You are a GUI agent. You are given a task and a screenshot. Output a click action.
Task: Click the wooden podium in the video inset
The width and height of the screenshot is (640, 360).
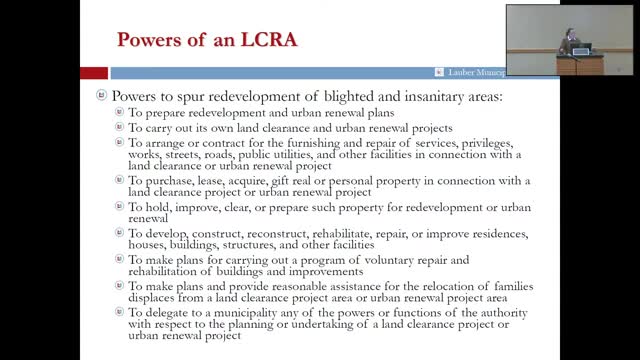[580, 64]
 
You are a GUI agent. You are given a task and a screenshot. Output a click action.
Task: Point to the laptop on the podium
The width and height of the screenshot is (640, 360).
[584, 48]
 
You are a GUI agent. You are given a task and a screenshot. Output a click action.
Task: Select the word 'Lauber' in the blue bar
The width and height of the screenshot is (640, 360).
[461, 72]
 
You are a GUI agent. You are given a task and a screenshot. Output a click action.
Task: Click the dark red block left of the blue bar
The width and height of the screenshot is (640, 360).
[94, 72]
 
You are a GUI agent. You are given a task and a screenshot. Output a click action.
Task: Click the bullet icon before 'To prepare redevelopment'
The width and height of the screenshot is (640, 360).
[120, 113]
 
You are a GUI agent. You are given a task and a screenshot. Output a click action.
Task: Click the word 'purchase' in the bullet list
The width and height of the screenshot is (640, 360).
[168, 180]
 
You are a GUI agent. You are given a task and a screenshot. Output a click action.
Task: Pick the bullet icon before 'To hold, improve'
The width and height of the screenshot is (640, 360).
[120, 208]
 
